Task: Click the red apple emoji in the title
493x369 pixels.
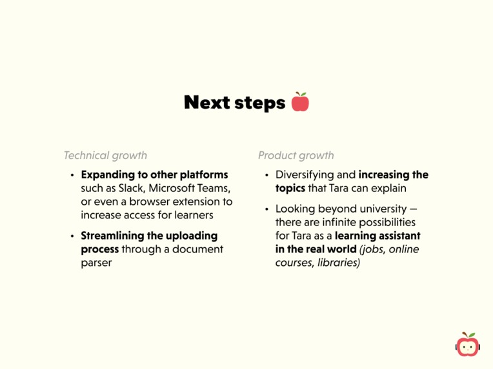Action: pyautogui.click(x=300, y=102)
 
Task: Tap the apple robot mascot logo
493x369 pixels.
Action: pyautogui.click(x=468, y=345)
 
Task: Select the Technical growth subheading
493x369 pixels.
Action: pyautogui.click(x=105, y=155)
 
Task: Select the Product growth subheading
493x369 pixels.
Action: pyautogui.click(x=296, y=155)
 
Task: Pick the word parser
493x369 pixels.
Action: pyautogui.click(x=96, y=263)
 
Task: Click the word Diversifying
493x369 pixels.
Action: pyautogui.click(x=306, y=175)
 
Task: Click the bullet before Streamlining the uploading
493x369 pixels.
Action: pyautogui.click(x=73, y=236)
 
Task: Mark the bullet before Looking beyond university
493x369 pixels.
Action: pyautogui.click(x=267, y=209)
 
